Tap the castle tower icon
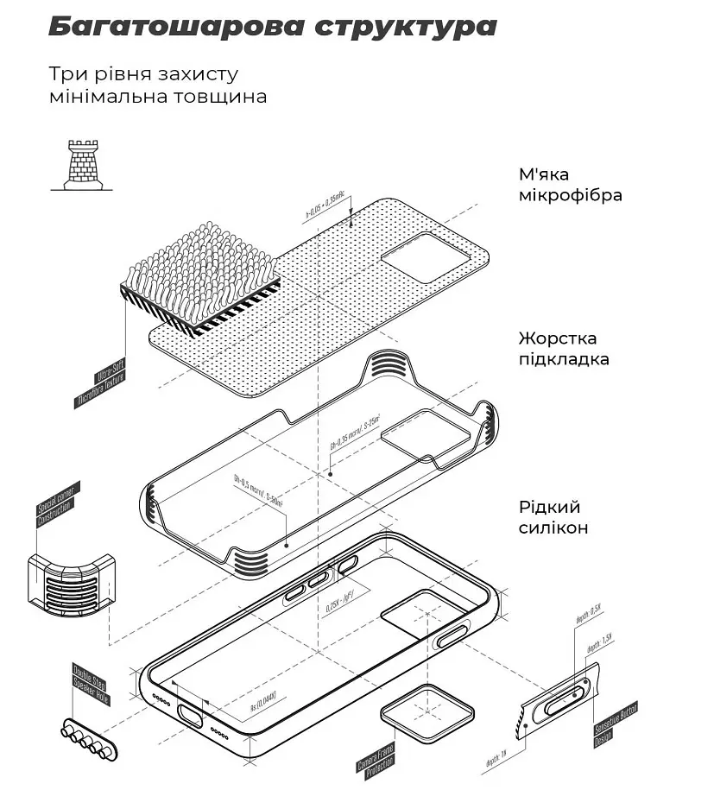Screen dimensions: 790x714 [x=83, y=164]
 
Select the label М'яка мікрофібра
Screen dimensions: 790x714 [x=570, y=185]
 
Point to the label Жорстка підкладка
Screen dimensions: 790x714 [x=564, y=348]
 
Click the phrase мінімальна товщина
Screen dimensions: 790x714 [x=157, y=96]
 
